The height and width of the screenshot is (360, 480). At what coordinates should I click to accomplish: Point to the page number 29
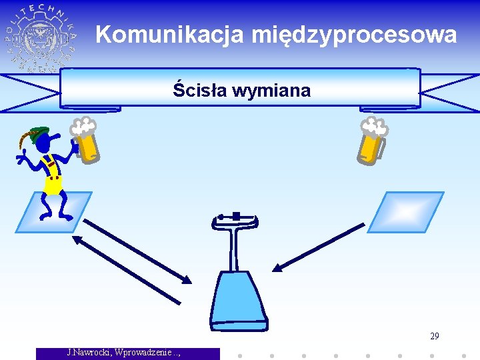(x=435, y=336)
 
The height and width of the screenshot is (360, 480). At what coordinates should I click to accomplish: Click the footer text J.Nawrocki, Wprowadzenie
(x=124, y=352)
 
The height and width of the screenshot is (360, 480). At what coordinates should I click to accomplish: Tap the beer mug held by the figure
(x=87, y=143)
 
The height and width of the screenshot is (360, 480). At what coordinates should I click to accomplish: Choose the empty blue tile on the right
(x=405, y=212)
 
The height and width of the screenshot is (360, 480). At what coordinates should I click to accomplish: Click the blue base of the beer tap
(x=239, y=300)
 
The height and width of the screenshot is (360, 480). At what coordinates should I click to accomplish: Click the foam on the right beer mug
(x=374, y=125)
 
